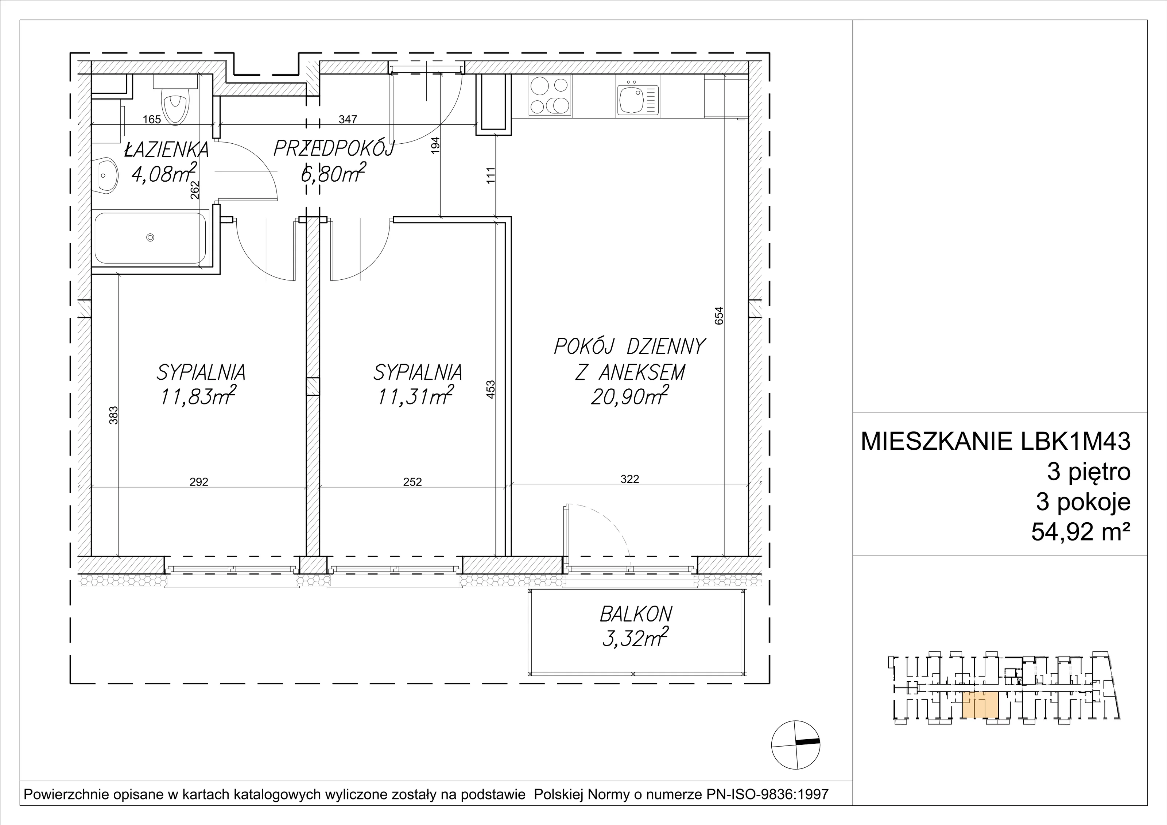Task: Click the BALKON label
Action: (636, 615)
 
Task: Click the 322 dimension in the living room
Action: (630, 479)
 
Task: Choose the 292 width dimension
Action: (199, 482)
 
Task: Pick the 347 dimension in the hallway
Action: (348, 120)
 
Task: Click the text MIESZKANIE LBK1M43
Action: (996, 441)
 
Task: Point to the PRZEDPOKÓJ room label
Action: (333, 148)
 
